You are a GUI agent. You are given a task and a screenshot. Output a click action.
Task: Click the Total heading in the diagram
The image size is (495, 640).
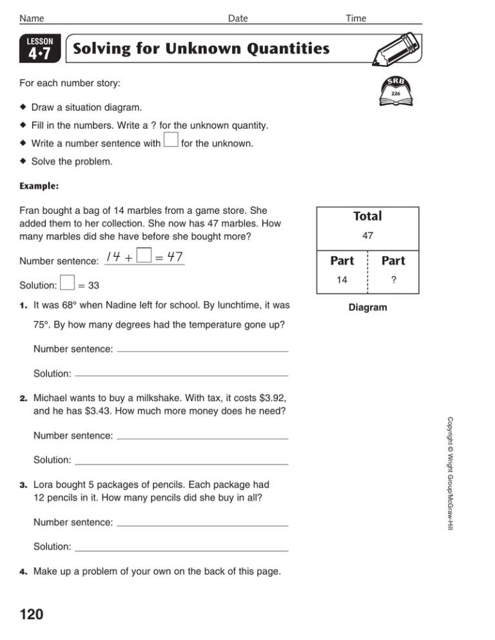tap(367, 216)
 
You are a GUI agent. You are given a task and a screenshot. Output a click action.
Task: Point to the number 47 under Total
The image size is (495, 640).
tap(367, 237)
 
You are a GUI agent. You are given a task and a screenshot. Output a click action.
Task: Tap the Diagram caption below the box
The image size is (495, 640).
tap(367, 308)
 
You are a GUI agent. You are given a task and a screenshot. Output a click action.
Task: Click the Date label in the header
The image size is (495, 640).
tap(238, 19)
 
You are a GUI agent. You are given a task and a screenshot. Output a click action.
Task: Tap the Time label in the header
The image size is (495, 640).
tap(355, 19)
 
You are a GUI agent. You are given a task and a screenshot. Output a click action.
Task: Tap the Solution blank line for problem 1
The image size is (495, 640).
tap(181, 373)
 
